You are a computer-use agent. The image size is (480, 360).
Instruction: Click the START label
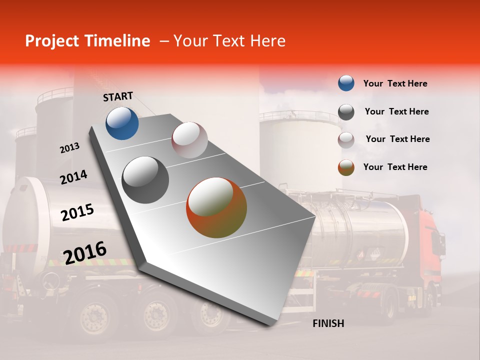point(118,96)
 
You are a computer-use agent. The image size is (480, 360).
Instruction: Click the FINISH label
point(328,323)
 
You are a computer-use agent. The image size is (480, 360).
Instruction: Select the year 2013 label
point(69,147)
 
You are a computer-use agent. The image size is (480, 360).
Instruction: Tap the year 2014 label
point(73,177)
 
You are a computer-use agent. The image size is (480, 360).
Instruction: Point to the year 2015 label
point(77,212)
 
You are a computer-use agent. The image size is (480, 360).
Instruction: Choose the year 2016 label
point(84,252)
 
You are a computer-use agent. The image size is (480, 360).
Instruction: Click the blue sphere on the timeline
point(122,123)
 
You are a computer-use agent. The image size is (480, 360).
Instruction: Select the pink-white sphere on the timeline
point(189,140)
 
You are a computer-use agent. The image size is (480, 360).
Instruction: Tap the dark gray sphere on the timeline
point(145,179)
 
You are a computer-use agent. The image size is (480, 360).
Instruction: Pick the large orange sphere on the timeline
point(216,207)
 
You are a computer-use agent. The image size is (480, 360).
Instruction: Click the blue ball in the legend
point(346,83)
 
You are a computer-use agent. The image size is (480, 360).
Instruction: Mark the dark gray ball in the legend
point(346,112)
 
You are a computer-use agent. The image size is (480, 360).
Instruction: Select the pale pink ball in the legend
point(346,140)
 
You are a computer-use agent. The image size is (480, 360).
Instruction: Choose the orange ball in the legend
point(346,167)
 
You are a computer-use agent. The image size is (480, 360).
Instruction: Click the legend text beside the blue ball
point(395,83)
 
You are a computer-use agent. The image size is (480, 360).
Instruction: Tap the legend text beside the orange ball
point(395,167)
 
